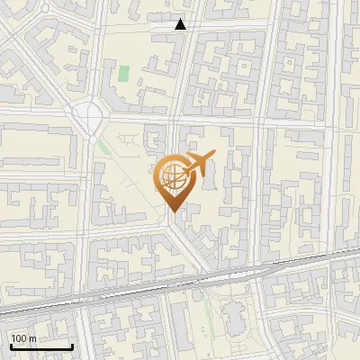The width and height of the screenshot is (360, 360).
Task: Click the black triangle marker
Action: [181, 24]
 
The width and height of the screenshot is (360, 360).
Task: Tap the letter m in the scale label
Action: [33, 338]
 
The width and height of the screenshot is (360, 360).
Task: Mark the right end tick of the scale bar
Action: [72, 346]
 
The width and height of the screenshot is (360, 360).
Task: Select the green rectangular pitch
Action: [123, 73]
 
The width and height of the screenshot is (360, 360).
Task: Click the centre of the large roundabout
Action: [89, 115]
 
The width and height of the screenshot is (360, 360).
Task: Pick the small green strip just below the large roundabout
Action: [93, 139]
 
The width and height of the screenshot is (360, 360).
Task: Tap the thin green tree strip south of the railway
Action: [206, 310]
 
